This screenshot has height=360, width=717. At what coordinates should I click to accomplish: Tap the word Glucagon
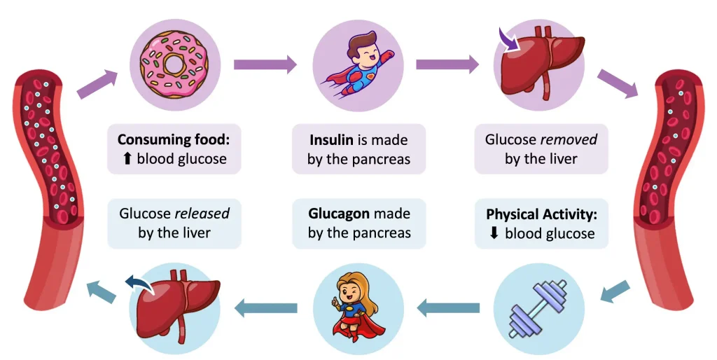pos(339,212)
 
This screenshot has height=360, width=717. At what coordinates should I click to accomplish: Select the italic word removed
pos(571,139)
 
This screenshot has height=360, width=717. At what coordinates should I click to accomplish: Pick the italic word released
pos(202,212)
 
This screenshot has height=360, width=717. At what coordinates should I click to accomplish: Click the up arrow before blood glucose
pos(127,158)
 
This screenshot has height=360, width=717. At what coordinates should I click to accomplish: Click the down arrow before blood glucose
pos(494,233)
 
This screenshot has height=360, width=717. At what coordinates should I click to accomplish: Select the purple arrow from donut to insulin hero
pos(265,65)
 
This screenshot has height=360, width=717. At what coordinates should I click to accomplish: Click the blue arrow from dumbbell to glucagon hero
pos(448,306)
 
